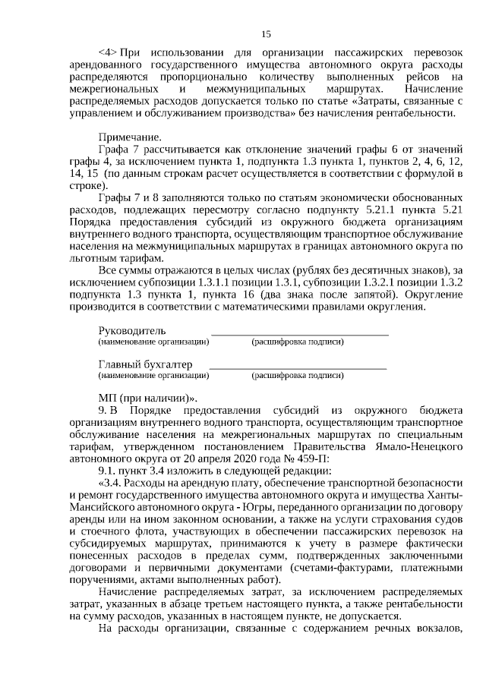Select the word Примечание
click(x=130, y=137)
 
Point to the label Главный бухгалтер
click(x=145, y=364)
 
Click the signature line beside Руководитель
click(x=299, y=333)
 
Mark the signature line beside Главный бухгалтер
click(x=298, y=367)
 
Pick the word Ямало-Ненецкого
click(x=422, y=446)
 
